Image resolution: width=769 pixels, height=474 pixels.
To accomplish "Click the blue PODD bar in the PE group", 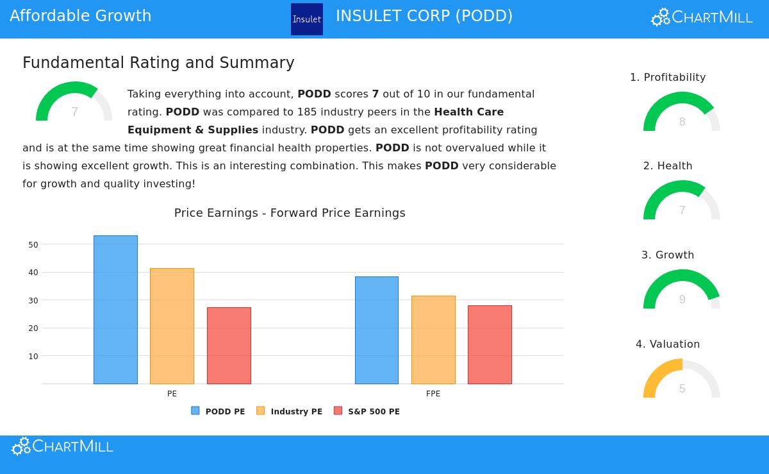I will tap(115, 310).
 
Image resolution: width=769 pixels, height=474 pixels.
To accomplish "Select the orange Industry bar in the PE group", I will tap(172, 326).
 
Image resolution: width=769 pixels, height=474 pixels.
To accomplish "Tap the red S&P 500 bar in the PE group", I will tap(229, 346).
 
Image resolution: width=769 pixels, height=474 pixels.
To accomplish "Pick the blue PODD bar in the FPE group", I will tap(377, 330).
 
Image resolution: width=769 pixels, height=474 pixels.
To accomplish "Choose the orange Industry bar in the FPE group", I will tap(433, 340).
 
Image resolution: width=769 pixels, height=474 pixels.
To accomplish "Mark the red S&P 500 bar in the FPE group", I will tap(490, 344).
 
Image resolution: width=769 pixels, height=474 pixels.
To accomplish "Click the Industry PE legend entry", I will tap(290, 411).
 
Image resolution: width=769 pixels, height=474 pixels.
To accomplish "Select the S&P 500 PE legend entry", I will tap(367, 411).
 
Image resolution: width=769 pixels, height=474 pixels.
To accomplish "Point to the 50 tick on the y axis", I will tap(33, 244).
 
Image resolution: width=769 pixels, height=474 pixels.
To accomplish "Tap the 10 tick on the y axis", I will tap(33, 356).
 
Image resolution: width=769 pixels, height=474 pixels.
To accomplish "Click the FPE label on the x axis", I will tap(433, 394).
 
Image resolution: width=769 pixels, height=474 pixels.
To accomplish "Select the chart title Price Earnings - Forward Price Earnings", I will tap(290, 213).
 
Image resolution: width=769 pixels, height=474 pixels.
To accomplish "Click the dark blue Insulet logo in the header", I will tap(307, 19).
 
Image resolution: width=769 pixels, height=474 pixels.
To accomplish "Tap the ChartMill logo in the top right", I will tap(702, 17).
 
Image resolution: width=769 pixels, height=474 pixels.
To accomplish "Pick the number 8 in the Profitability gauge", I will tap(682, 122).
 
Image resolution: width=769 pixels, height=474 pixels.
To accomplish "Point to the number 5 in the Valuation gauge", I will tap(682, 389).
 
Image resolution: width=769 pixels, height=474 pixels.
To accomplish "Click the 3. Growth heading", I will tap(668, 255).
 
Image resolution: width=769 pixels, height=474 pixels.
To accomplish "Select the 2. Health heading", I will tap(668, 165).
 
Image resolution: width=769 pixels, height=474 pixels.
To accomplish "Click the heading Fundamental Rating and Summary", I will tap(158, 63).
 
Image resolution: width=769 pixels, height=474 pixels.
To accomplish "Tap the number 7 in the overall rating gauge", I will tap(74, 112).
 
